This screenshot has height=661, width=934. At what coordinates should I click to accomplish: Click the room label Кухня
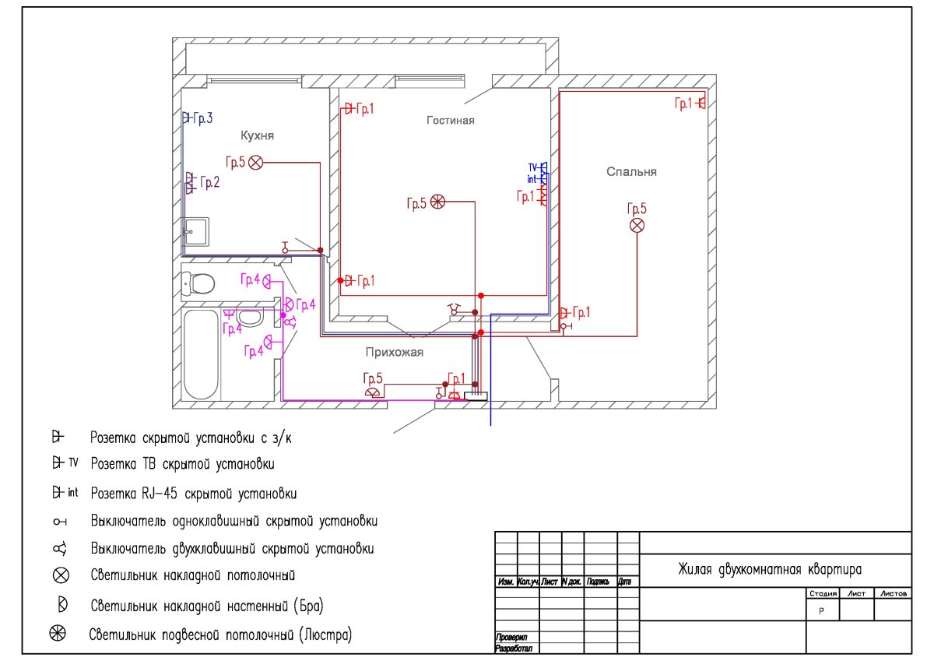257,135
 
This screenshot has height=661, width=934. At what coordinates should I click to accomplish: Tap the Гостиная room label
450,120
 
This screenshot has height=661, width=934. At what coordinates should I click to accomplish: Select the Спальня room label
631,172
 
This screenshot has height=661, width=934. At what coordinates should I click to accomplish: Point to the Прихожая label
395,353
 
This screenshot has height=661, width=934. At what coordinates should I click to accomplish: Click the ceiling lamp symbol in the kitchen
256,162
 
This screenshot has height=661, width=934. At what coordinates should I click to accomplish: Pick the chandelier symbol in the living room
437,202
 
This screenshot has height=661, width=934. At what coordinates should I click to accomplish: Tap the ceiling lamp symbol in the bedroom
637,225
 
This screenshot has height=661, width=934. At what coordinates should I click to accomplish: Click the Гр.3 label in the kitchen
202,118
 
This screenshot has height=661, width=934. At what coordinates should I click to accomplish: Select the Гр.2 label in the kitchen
209,182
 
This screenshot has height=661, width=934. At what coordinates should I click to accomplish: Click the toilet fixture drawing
198,283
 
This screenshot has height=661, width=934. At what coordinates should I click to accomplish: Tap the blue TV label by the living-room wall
533,167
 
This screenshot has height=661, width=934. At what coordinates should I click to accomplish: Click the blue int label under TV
532,179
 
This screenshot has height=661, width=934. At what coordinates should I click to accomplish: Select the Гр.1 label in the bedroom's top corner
683,103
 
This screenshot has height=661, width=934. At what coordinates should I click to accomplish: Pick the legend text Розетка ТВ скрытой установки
182,465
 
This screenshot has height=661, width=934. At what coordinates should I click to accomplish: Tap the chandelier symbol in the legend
58,634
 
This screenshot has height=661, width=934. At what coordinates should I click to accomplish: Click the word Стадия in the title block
822,593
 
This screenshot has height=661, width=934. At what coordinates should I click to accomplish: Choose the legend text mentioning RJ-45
193,494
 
